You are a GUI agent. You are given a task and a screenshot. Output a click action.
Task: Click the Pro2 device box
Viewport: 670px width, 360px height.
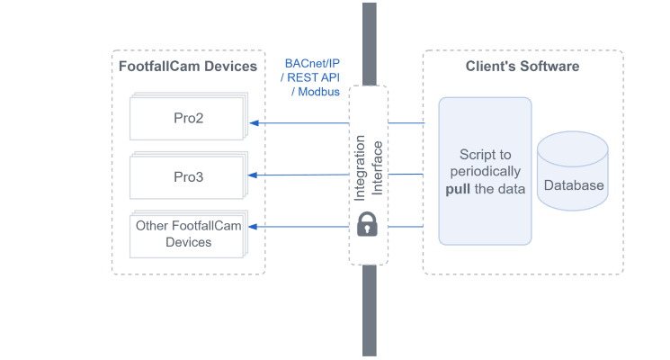pos(188,118)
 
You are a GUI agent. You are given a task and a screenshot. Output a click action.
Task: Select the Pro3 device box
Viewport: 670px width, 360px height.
pos(188,176)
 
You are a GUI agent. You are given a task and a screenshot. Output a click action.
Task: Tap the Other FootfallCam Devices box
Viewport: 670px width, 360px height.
pos(188,234)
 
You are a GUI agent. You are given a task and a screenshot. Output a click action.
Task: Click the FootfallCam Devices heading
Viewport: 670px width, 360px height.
pos(188,67)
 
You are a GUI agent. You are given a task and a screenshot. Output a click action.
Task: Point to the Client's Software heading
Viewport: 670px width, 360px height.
pos(523,67)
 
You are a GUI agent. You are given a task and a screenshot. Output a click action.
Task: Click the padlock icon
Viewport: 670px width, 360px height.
pos(367,225)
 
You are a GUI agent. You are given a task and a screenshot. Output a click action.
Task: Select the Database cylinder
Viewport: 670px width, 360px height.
pos(572,174)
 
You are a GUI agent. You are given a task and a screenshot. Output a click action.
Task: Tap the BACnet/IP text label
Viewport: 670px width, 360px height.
pos(312,64)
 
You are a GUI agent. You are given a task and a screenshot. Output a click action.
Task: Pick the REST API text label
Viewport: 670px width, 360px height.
pos(315,78)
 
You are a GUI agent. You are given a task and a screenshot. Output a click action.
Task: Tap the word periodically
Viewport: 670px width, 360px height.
pos(485,171)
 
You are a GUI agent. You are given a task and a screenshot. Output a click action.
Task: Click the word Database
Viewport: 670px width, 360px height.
pos(574,186)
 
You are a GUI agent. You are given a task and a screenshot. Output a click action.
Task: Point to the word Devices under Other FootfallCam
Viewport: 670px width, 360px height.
pos(188,242)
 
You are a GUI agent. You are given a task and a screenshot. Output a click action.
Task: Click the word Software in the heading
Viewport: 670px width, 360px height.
pos(549,67)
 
